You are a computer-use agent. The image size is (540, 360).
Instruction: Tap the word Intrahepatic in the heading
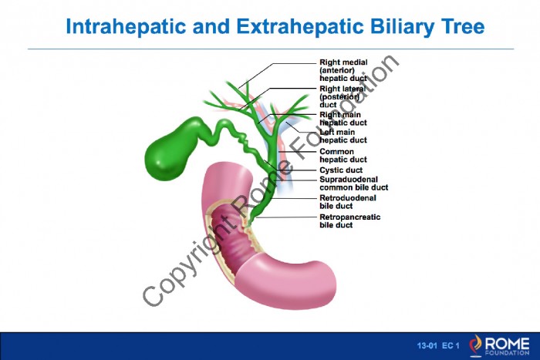point(126,27)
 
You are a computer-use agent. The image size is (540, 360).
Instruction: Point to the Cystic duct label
point(341,170)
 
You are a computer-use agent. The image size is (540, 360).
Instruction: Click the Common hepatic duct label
point(343,156)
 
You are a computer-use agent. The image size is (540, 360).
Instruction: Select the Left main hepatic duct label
point(343,136)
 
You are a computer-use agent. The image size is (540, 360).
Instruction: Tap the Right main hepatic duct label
point(343,119)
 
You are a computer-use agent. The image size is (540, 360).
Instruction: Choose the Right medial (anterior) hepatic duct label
point(343,70)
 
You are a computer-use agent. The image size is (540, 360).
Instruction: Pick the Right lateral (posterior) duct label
point(343,96)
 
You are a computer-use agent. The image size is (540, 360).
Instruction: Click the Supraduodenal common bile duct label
point(353,183)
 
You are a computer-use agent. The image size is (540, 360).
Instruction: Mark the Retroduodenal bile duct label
point(348,202)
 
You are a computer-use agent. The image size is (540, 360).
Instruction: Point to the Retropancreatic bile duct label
point(350,221)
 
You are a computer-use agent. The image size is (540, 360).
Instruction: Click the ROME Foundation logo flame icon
point(476,345)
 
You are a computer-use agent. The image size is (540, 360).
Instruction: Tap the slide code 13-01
point(427,345)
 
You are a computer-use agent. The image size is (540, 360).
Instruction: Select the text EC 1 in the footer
point(451,345)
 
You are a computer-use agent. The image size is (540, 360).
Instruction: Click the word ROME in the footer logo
point(507,344)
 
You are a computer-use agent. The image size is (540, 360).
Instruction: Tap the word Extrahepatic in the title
point(300,27)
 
